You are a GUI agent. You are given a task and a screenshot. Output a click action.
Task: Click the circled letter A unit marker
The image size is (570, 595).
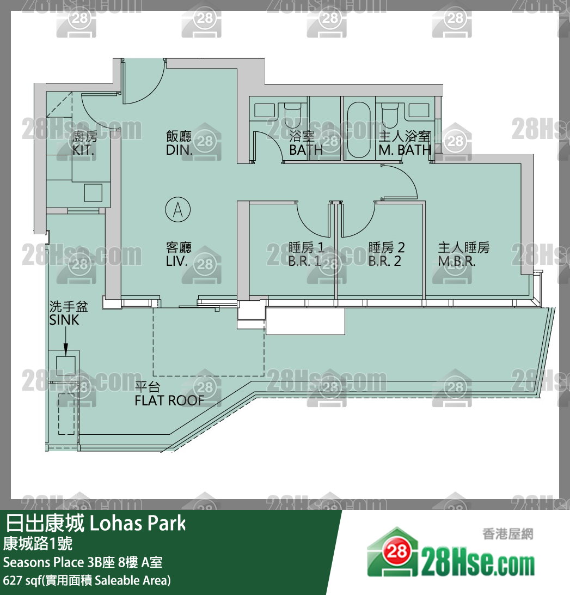pyautogui.click(x=178, y=209)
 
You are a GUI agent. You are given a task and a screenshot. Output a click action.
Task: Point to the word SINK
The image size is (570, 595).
pyautogui.click(x=64, y=320)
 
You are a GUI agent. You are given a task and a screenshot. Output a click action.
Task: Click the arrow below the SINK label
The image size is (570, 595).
pyautogui.click(x=65, y=341)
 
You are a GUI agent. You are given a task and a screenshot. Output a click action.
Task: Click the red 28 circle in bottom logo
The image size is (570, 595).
pyautogui.click(x=397, y=552)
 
